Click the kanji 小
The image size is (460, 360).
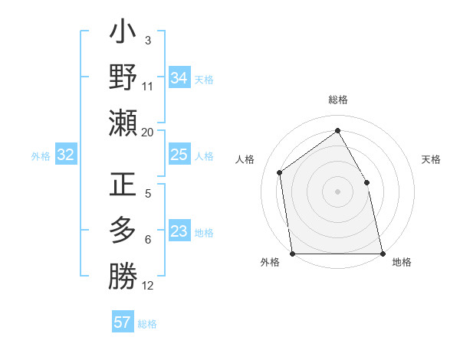coord(123,34)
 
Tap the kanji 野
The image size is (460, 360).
coord(123,78)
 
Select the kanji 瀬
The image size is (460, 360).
coord(123,123)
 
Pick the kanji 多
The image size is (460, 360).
coord(123,231)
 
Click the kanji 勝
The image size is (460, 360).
coord(123,276)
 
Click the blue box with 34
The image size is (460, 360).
coord(179,77)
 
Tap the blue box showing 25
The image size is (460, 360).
coord(179,155)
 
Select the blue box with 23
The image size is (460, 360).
coord(179,231)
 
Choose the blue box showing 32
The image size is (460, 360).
coord(65,155)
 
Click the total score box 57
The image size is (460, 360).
coord(123,322)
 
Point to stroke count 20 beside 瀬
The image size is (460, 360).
coord(147,133)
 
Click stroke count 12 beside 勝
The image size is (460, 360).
coord(148,286)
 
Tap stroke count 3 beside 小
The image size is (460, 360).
coord(147,40)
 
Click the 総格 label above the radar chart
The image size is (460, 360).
coord(337,100)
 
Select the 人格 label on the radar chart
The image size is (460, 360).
coord(245,159)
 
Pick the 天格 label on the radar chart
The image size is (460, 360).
coord(431,159)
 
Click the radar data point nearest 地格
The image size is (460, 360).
coord(382,253)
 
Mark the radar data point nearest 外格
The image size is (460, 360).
coord(292,253)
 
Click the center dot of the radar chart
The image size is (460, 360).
coord(337,191)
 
